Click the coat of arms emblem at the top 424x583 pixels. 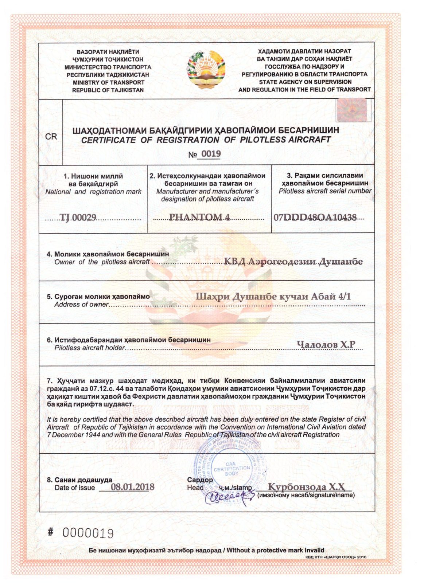tap(206, 70)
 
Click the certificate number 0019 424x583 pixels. tap(211, 154)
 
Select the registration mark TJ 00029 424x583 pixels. tap(78, 218)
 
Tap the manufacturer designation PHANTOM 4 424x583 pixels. tap(199, 217)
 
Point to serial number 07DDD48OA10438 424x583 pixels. tap(315, 218)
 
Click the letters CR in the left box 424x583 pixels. tap(51, 137)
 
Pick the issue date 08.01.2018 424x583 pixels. tap(132, 487)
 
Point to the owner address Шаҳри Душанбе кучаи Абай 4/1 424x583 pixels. tap(273, 297)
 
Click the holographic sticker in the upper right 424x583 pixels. tap(351, 110)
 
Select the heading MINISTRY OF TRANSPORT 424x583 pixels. tap(108, 82)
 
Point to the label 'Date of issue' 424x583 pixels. tap(75, 488)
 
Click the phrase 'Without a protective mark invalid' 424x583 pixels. tap(275, 550)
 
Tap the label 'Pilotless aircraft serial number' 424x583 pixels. tap(325, 191)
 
